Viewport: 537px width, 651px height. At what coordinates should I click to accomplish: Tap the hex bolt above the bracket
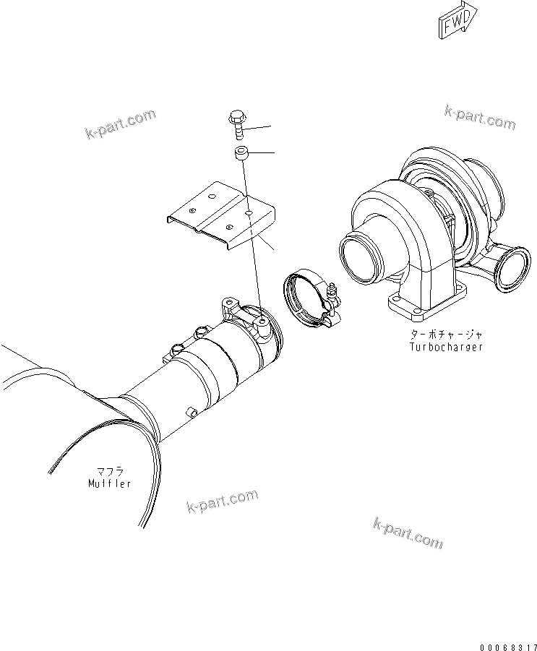pyautogui.click(x=236, y=124)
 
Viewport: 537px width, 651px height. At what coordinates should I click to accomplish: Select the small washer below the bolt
pyautogui.click(x=241, y=153)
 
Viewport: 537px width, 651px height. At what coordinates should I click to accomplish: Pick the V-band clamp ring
pyautogui.click(x=304, y=296)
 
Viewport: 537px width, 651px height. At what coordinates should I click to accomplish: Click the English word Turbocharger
pyautogui.click(x=444, y=346)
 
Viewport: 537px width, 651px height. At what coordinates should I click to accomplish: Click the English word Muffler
pyautogui.click(x=106, y=483)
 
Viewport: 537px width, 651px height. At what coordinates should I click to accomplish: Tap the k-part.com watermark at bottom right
pyautogui.click(x=408, y=533)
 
